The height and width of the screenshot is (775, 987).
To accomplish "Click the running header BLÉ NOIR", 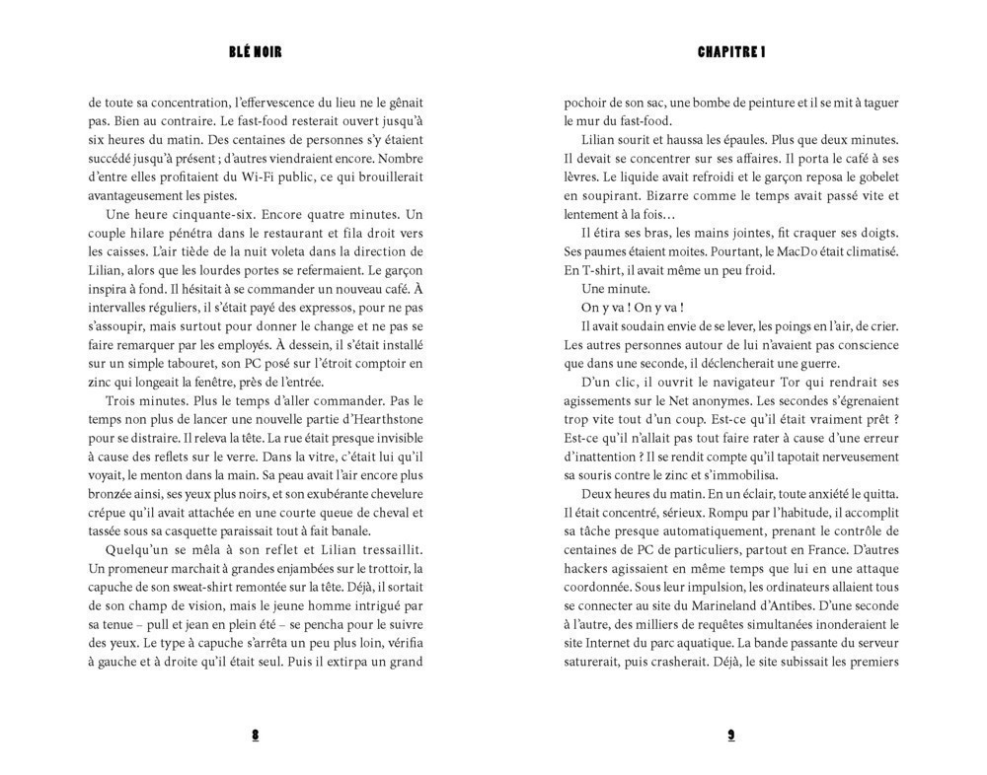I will (255, 52).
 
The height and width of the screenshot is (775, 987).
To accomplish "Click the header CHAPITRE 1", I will (731, 52).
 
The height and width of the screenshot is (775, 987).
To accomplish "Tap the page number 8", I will (255, 735).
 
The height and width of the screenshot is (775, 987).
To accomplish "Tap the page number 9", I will (731, 735).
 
